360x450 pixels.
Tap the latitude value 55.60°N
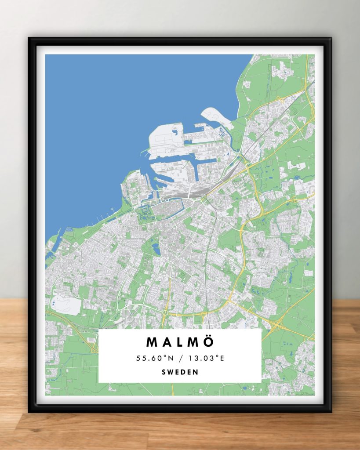point(153,358)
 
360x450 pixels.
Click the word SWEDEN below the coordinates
point(180,372)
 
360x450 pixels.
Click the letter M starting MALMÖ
point(152,342)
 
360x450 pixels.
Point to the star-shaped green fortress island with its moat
point(144,213)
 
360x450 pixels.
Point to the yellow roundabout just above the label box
point(165,312)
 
